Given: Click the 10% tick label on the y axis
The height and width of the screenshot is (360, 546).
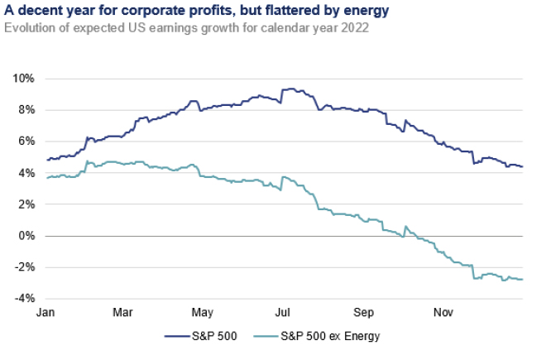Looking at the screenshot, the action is click(x=24, y=79).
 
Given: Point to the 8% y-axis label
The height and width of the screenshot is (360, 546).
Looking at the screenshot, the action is click(x=26, y=110).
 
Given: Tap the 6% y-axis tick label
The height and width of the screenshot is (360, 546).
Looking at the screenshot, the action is click(x=26, y=142).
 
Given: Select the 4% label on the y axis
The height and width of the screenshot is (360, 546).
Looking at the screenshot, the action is click(x=26, y=173).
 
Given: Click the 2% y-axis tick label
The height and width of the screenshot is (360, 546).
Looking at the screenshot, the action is click(x=26, y=204).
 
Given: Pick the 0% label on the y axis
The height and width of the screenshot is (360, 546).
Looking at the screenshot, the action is click(x=26, y=236).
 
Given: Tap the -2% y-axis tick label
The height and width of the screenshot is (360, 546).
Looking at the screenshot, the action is click(x=25, y=267).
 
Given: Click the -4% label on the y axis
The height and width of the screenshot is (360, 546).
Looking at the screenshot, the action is click(x=25, y=299).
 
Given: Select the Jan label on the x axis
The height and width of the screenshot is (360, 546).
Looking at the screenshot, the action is click(x=45, y=312).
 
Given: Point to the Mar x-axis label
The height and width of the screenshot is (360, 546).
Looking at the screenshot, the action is click(x=122, y=312).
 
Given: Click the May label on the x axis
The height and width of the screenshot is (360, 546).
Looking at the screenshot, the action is click(x=203, y=313).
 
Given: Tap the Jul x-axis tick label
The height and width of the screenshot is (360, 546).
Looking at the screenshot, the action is click(x=282, y=312).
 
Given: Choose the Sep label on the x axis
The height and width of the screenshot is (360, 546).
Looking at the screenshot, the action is click(x=363, y=313).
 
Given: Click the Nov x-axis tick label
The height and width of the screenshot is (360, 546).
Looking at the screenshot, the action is click(x=443, y=312).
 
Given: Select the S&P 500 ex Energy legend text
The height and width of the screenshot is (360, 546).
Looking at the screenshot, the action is click(x=330, y=336).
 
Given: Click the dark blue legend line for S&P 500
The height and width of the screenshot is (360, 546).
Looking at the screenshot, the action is click(x=178, y=336).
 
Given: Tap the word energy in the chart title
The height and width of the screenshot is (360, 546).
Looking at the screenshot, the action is click(x=366, y=11).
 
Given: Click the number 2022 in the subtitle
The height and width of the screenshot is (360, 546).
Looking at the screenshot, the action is click(x=355, y=27).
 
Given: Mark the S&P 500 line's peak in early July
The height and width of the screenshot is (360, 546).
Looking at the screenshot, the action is click(x=292, y=89).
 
